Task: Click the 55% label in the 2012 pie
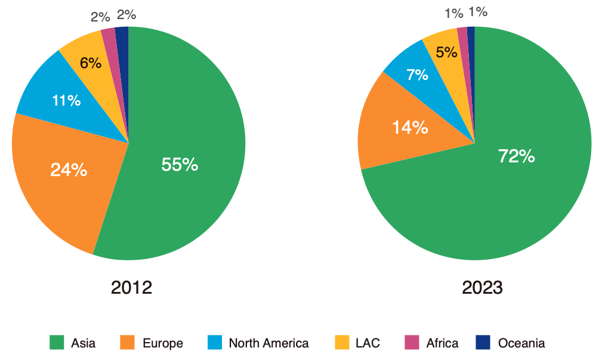pos(180,165)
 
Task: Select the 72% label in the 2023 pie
pos(517,156)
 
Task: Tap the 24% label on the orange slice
pos(69,170)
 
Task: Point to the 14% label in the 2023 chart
pos(410,127)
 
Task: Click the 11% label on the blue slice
pos(66,100)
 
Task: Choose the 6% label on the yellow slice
pos(91,63)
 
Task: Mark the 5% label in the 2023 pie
pos(447,53)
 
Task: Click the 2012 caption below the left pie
pos(131,288)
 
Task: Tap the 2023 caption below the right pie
pos(482,288)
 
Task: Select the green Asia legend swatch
pos(56,343)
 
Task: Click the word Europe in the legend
pos(163,343)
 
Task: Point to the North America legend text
pos(268,343)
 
